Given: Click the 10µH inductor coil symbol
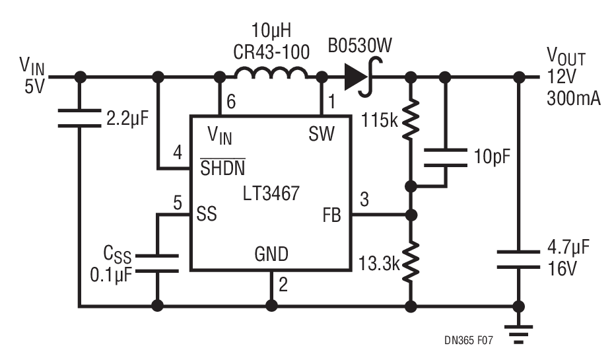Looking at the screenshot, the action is coord(271,72).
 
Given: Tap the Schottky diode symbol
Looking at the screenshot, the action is coord(361,77).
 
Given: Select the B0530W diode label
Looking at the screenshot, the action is coord(359,46).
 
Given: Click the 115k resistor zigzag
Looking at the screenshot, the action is coord(411,120).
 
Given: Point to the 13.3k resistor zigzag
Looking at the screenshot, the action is coord(411,262).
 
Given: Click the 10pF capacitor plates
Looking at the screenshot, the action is coord(446,157).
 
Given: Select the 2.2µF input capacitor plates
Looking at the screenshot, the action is coord(80,118).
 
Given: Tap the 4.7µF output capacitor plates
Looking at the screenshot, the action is coord(518,260).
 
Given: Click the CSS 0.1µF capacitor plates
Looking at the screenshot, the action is coord(157,264).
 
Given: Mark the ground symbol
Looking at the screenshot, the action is coord(518,334).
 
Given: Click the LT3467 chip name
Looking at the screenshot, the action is coord(271,194).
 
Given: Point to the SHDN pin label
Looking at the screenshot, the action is coord(222,168).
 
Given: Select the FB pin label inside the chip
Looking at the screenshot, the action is coord(332,215).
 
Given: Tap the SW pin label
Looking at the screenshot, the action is coord(322,134).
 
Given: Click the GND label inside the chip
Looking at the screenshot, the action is coord(271,254).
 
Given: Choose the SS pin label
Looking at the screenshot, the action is coord(207,214).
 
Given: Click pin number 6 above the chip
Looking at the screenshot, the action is coord(231,102).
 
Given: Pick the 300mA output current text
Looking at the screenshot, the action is coord(573,98).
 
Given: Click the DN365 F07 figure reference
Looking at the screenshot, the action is coord(468,340).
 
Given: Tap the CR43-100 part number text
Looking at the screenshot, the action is coord(271,52).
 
